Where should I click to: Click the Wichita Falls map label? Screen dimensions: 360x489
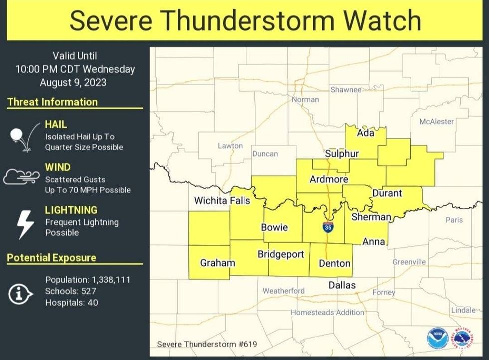pos(222,201)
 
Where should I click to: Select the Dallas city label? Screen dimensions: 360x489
pos(342,285)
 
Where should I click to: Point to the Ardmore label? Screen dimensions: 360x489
pos(329,179)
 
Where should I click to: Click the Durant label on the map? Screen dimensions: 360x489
pos(387,193)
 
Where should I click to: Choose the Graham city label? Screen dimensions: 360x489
pos(217,262)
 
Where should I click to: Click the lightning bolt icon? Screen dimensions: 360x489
pos(25,224)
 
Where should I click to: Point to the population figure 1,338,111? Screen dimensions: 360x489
pos(111,280)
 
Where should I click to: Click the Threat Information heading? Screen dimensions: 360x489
pos(52,102)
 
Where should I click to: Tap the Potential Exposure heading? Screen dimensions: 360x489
pos(51,258)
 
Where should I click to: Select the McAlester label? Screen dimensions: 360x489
pos(436,121)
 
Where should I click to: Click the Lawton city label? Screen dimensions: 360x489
pos(230,146)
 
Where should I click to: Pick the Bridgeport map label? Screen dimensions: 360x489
pos(281,254)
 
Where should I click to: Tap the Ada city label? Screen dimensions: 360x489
pos(366,133)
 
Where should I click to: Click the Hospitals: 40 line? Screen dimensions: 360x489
pos(72,302)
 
